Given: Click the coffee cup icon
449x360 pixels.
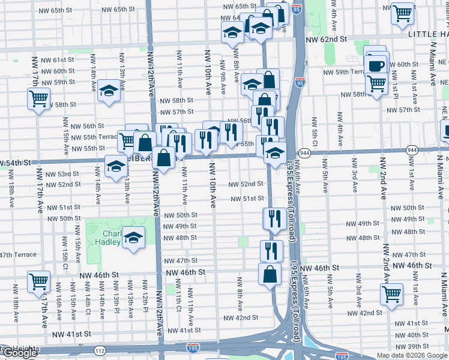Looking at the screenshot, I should [x=376, y=65].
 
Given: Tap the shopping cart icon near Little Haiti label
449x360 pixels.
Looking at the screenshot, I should [x=402, y=13].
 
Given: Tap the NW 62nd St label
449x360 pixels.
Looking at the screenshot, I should [x=327, y=39].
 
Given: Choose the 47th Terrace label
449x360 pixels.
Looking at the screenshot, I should [x=18, y=254].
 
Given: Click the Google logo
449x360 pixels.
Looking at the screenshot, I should [x=20, y=353].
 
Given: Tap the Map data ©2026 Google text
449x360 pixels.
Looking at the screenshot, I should [x=412, y=355].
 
